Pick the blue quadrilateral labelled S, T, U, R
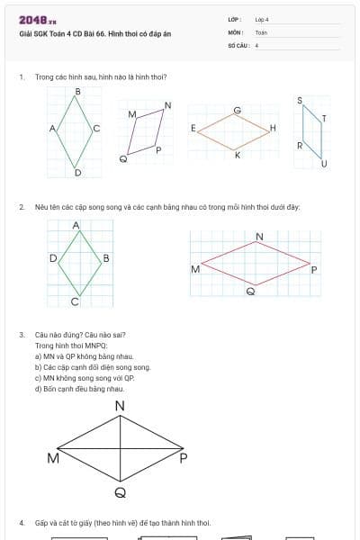pyautogui.click(x=311, y=131)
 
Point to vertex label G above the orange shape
pyautogui.click(x=237, y=110)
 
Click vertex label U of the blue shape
pyautogui.click(x=324, y=163)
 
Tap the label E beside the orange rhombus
pyautogui.click(x=193, y=129)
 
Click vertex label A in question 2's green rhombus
pyautogui.click(x=76, y=225)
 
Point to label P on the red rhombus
pyautogui.click(x=313, y=269)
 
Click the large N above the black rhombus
pyautogui.click(x=121, y=408)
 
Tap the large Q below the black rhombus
pyautogui.click(x=121, y=493)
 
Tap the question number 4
pyautogui.click(x=21, y=522)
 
